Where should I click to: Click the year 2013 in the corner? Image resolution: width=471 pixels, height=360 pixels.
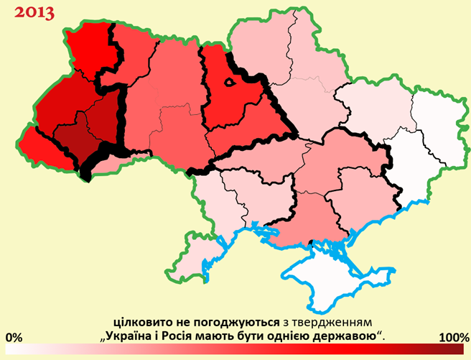[34, 14]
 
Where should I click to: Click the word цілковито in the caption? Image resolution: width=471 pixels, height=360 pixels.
[140, 320]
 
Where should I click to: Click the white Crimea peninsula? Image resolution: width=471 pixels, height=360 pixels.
[337, 277]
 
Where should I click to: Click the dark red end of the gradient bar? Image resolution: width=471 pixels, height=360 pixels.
[456, 349]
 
